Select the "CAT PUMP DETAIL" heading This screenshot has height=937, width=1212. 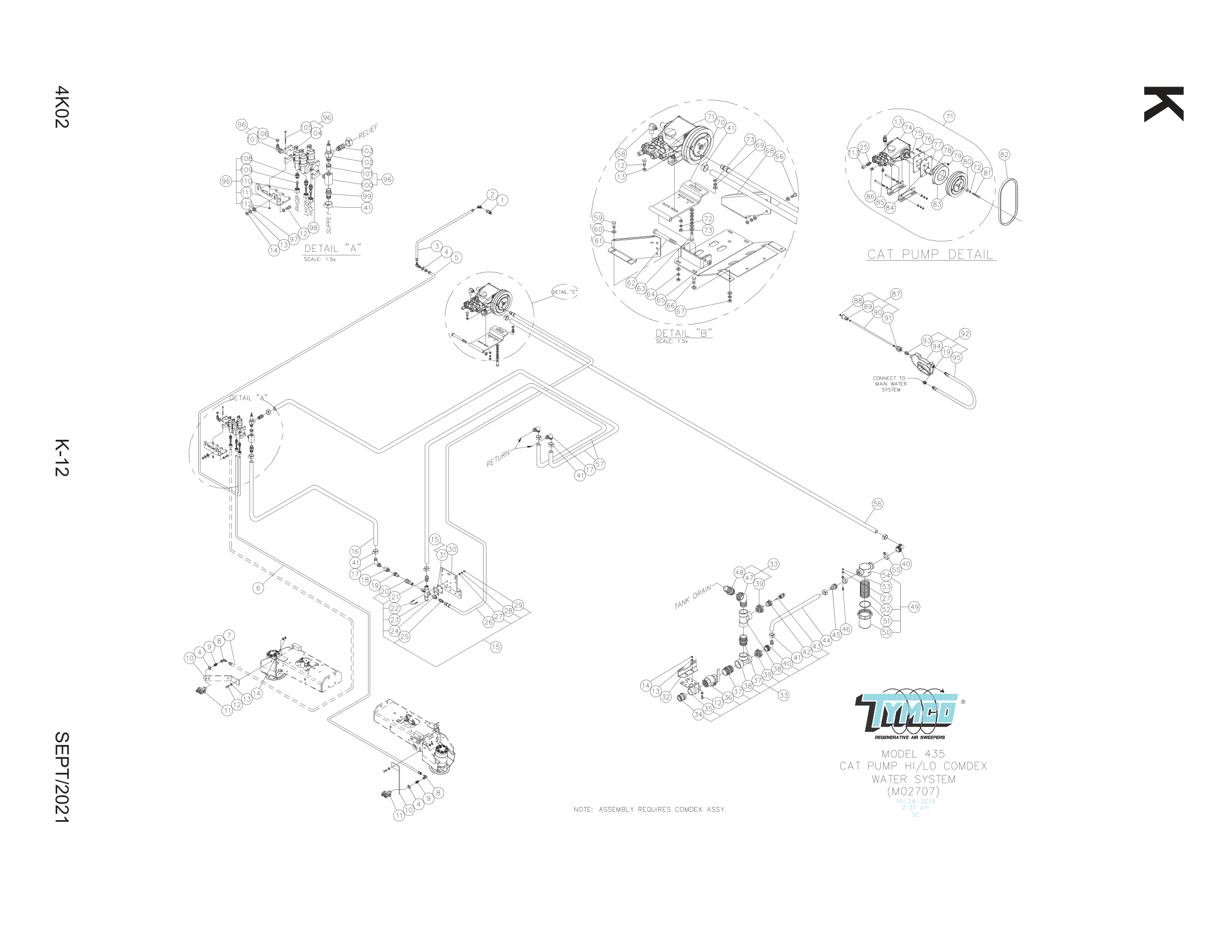coord(930,255)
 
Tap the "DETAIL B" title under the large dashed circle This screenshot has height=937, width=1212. coord(683,333)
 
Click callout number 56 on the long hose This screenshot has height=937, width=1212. coord(878,504)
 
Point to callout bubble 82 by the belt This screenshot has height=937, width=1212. coord(1004,155)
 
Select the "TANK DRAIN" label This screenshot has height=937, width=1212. coord(692,597)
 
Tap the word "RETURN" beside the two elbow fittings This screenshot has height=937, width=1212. coord(498,459)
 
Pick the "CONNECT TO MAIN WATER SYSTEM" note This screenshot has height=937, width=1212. coord(891,384)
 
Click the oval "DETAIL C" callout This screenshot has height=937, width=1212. coord(564,292)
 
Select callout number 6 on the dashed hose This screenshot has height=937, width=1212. coord(258,589)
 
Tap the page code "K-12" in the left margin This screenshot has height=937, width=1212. coord(62,457)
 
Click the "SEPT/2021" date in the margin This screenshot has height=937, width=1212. coord(62,777)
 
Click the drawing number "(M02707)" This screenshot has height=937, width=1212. coord(913,791)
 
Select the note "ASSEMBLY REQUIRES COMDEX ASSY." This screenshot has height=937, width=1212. coord(650,810)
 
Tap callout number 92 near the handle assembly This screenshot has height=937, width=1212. coord(965,334)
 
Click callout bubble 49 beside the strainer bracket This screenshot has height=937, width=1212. coord(914,607)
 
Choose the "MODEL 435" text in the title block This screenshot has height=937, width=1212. coord(913,754)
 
